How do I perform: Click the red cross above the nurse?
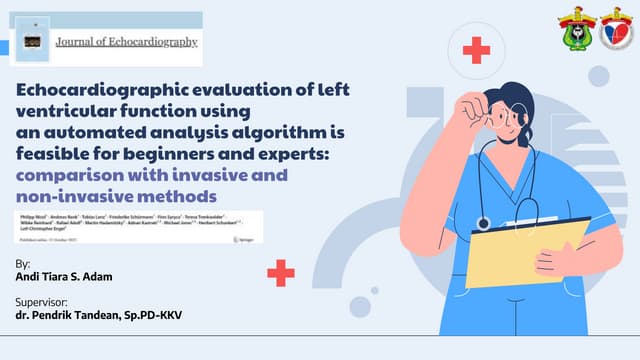476,50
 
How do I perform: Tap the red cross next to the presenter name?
281,272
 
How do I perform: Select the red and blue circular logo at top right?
616,29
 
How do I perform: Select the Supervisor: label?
45,302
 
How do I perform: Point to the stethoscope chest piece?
483,223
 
